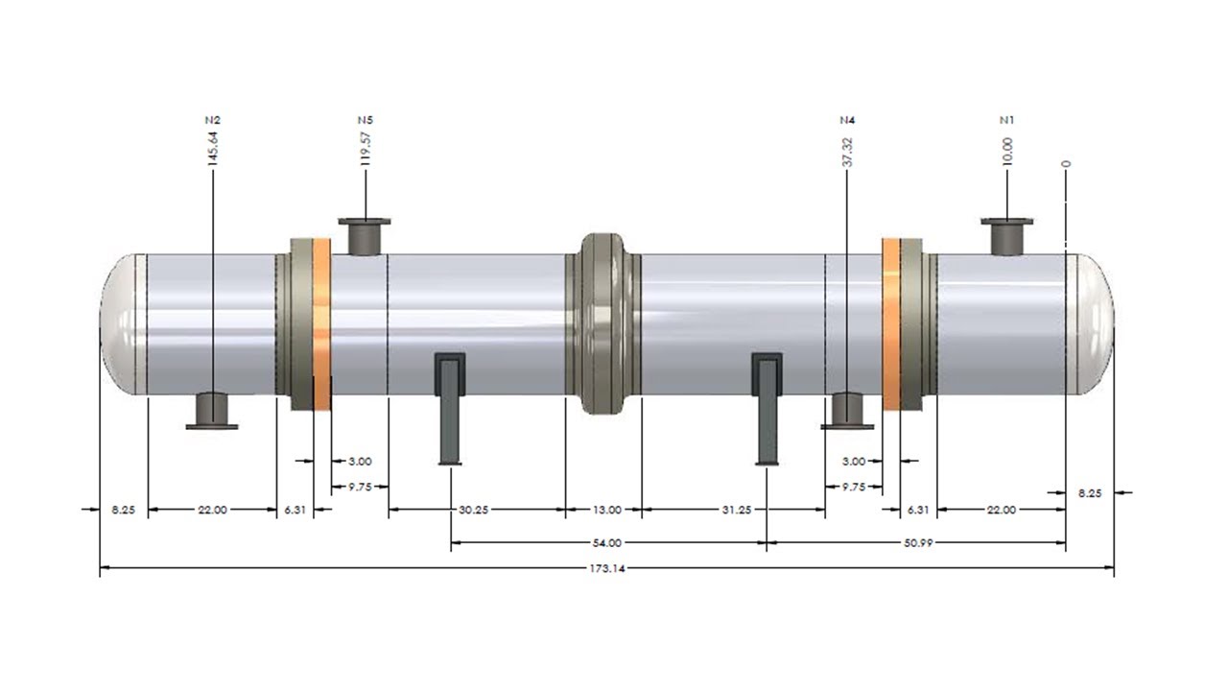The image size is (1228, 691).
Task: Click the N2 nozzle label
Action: [x=212, y=120]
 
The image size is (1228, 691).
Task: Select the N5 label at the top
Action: [x=366, y=120]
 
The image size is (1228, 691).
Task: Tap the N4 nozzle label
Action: [x=847, y=120]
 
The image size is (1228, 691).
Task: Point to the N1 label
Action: [x=1006, y=120]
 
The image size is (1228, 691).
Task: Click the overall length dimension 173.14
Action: [x=606, y=569]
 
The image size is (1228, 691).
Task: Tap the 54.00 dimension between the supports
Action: [x=607, y=543]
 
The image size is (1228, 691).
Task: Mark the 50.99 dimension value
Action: [x=918, y=543]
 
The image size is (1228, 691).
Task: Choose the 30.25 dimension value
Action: [x=474, y=511]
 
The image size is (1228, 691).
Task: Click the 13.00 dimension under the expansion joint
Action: [x=606, y=511]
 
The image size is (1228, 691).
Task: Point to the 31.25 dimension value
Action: [x=736, y=511]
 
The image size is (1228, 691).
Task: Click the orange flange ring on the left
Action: [x=322, y=322]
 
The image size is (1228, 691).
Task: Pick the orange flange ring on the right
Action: [x=891, y=322]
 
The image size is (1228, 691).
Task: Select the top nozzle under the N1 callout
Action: [x=1006, y=235]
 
